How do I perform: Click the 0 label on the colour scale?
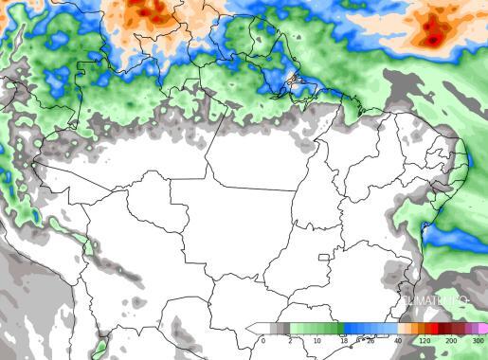pos(263,340)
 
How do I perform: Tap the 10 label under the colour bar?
pos(316,340)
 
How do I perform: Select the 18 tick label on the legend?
pos(343,340)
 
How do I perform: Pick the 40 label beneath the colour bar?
pos(397,340)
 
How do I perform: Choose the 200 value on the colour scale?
pos(451,340)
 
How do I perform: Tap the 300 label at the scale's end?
pos(478,340)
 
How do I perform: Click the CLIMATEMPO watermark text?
pos(437,301)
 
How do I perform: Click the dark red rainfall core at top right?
pos(433,39)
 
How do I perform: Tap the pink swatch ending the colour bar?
pos(482,328)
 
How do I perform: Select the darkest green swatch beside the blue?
pos(333,328)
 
